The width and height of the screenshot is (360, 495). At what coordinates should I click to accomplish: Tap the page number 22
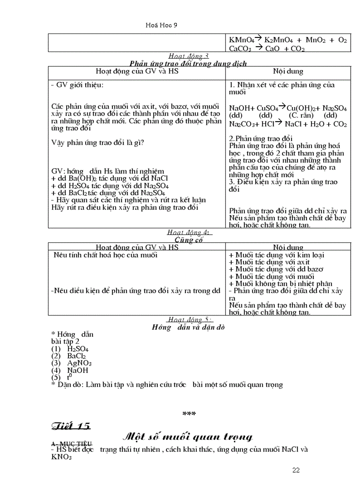(x=296, y=470)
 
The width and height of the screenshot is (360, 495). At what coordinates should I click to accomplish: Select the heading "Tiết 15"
(x=71, y=426)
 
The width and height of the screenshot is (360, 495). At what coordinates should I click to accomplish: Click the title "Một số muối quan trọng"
(x=187, y=437)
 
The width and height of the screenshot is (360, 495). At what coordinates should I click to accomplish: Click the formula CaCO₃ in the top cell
(x=240, y=48)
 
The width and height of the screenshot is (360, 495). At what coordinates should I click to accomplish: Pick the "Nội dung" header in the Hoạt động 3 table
(x=288, y=71)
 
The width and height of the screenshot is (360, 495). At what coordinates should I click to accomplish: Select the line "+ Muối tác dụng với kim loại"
(x=277, y=255)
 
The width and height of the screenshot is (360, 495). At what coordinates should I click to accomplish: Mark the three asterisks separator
(x=189, y=414)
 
